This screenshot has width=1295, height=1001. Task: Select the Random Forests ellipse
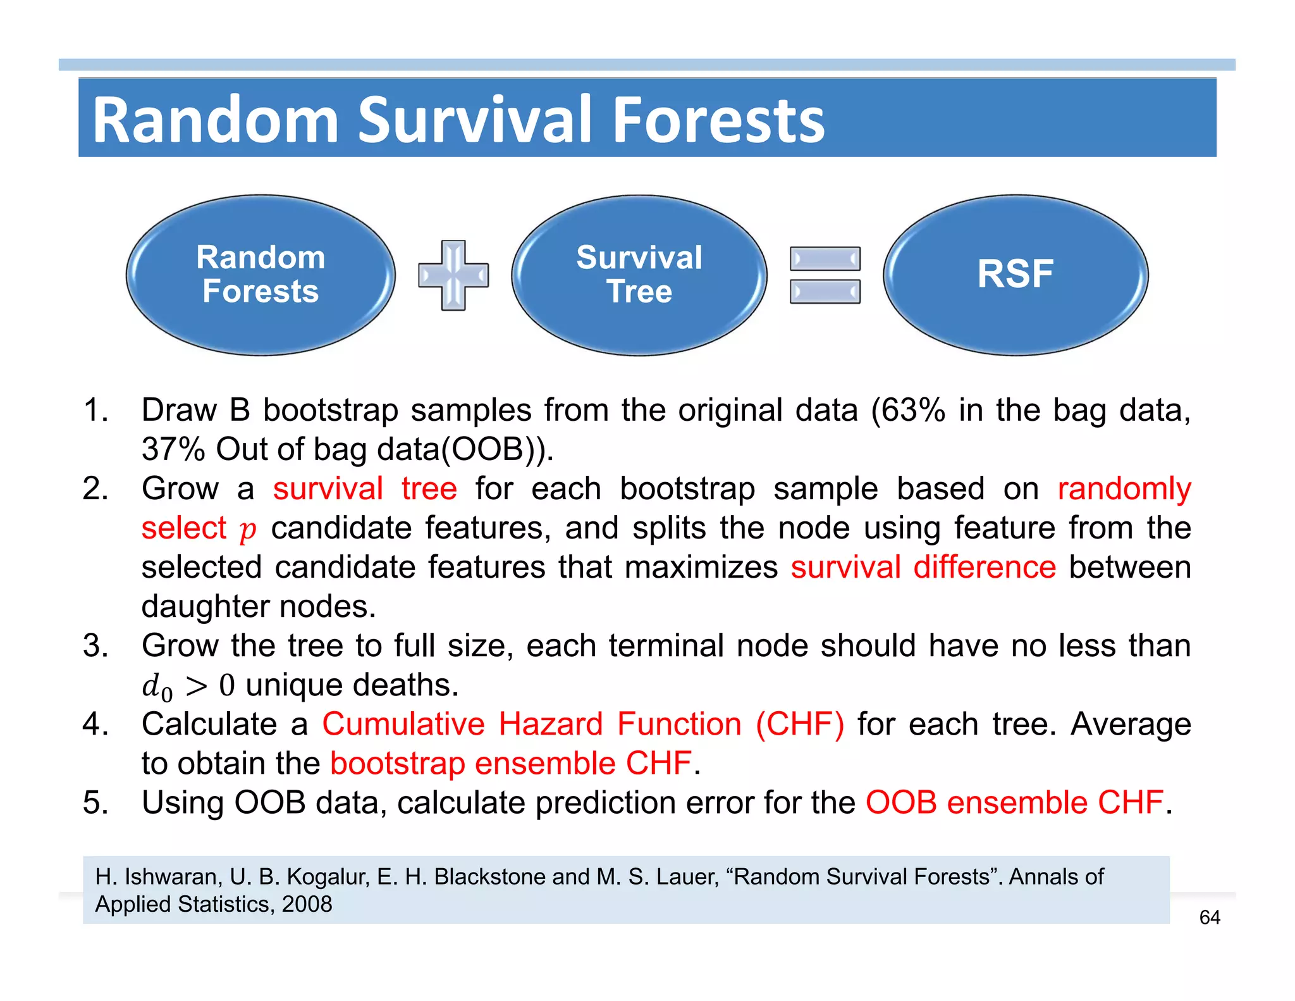click(261, 275)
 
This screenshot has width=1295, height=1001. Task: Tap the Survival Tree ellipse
click(639, 275)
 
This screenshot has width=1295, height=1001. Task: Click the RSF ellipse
click(1015, 275)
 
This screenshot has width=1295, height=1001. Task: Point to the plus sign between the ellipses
click(453, 275)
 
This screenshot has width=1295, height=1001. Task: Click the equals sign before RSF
click(825, 275)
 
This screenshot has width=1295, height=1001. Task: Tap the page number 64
click(1209, 917)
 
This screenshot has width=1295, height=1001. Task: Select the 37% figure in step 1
click(173, 449)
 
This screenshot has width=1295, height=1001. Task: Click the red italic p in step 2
click(247, 529)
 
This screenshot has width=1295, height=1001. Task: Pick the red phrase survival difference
click(923, 567)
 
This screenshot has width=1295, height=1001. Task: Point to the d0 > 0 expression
click(188, 686)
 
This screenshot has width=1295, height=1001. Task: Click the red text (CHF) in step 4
click(799, 724)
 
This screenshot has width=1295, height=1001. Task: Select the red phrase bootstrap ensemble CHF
click(510, 763)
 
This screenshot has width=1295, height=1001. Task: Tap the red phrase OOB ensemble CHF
click(1014, 802)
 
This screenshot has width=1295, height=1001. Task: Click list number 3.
click(95, 645)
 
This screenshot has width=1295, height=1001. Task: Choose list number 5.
click(95, 802)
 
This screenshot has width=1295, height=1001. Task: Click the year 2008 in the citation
click(307, 904)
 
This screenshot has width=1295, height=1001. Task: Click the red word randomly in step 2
click(1124, 488)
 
